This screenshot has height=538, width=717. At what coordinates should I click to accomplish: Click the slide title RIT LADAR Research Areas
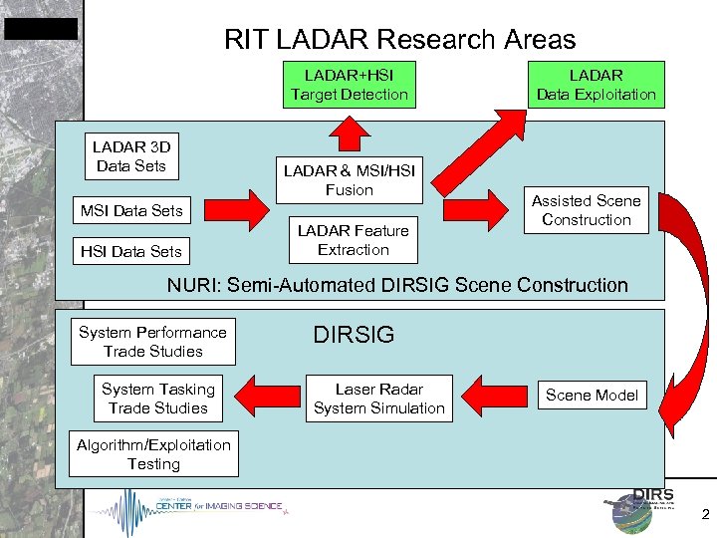tap(399, 40)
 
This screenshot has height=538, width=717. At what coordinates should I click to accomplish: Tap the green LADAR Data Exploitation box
tap(597, 85)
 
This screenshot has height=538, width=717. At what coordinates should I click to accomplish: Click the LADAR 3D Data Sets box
tap(131, 156)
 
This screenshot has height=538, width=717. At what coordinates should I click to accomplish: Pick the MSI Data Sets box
tap(131, 210)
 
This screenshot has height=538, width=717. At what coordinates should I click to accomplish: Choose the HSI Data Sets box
tap(131, 252)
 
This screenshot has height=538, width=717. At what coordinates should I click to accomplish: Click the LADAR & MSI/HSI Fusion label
tap(349, 180)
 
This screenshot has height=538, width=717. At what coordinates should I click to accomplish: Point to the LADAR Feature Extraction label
tap(353, 240)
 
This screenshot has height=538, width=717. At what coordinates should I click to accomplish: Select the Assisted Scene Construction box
tap(587, 210)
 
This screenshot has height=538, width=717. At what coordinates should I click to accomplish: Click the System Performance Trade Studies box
tap(152, 342)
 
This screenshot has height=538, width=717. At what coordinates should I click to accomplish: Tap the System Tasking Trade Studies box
tap(158, 399)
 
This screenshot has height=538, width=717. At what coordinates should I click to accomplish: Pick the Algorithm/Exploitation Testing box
tap(153, 454)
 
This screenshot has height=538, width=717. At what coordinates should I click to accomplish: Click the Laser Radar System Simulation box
tap(378, 399)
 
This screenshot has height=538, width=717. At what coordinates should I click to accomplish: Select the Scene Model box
tap(592, 396)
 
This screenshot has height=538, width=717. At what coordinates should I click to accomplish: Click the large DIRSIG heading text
tap(354, 336)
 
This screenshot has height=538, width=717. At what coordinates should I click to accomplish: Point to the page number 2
tap(705, 516)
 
